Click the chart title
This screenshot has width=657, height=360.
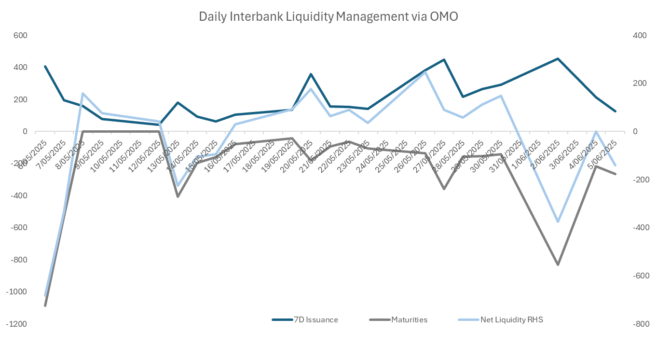coord(328,16)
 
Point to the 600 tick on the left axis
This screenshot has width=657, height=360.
coord(20,35)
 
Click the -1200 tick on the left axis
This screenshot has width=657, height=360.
coord(17,324)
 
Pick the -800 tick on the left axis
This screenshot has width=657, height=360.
coord(18,260)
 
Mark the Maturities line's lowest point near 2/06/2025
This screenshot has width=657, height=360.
coord(558,264)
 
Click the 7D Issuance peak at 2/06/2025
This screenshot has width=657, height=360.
coord(558,59)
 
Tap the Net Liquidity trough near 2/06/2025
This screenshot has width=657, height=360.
coord(558,222)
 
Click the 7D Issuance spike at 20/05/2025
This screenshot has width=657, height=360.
coord(311,74)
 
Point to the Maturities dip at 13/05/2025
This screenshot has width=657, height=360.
coord(178,196)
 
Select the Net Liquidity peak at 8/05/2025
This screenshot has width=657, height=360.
coord(83,94)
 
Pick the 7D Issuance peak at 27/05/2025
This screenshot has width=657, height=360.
coord(444,60)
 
